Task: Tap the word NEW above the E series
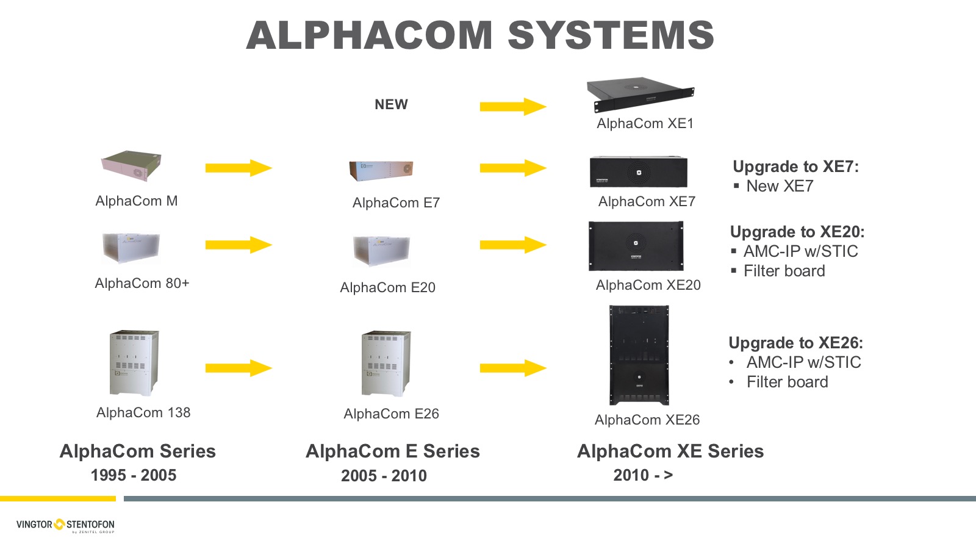(391, 104)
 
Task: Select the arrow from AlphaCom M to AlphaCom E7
(238, 168)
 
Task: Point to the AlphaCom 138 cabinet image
(134, 363)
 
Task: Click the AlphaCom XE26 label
(647, 420)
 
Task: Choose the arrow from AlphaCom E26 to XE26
(512, 368)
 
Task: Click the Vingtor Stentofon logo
(65, 525)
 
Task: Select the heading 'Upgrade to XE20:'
(797, 232)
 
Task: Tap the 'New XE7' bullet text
(780, 186)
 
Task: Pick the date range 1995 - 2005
(134, 475)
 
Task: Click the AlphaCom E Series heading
(392, 451)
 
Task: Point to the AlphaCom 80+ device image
(131, 247)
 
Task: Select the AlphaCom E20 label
(387, 287)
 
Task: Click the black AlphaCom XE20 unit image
(636, 246)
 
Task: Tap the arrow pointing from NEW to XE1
(512, 107)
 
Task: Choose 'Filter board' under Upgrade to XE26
(787, 382)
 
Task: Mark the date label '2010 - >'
(643, 475)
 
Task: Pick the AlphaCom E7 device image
(381, 171)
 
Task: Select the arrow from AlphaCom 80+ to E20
(238, 245)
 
